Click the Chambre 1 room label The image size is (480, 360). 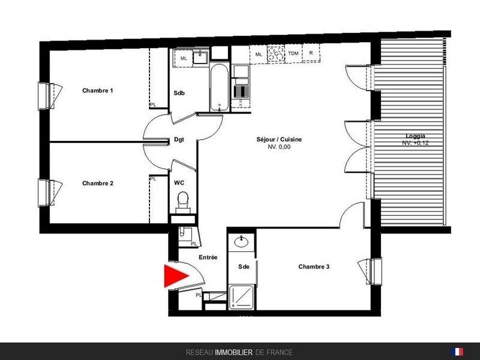click(x=98, y=91)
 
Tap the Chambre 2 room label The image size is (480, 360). click(x=98, y=183)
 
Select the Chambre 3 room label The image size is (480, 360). click(x=314, y=266)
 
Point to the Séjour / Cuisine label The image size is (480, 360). click(x=279, y=139)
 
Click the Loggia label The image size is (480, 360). click(x=415, y=136)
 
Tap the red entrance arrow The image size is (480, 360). click(x=176, y=276)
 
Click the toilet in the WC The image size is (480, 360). click(x=183, y=202)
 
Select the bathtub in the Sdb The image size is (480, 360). click(x=219, y=87)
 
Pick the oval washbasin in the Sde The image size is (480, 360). click(x=242, y=242)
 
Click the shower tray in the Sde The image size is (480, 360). click(x=242, y=296)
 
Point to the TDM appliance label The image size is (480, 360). click(x=293, y=53)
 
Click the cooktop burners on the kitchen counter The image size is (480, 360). click(x=276, y=53)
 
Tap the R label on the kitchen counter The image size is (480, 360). click(x=311, y=53)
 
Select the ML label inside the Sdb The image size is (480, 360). click(x=184, y=58)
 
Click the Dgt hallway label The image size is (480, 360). click(x=179, y=140)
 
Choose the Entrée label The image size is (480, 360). click(x=208, y=257)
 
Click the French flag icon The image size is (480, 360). click(x=457, y=352)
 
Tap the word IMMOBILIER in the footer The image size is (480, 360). click(x=233, y=352)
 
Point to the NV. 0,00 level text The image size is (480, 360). click(x=279, y=147)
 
